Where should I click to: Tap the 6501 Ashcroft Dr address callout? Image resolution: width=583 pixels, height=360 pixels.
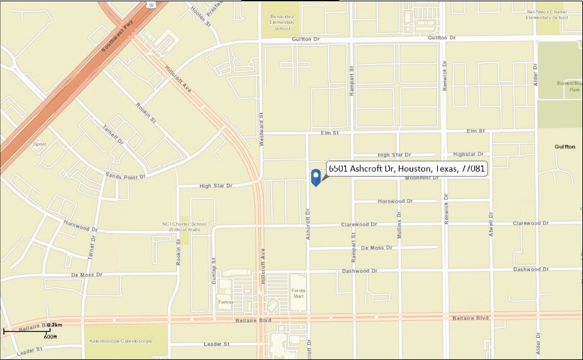[x=406, y=169]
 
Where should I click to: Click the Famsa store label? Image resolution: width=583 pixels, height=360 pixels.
[x=225, y=302]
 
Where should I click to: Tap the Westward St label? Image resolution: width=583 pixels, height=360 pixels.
[x=261, y=129]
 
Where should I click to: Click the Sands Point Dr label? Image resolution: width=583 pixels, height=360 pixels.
[x=125, y=176]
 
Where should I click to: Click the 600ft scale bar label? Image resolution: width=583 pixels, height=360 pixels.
[x=51, y=337]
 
